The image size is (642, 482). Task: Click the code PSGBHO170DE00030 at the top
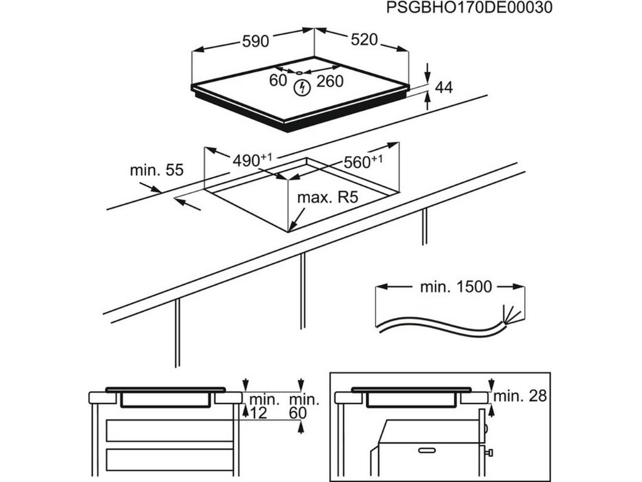(x=469, y=8)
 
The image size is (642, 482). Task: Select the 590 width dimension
(x=255, y=41)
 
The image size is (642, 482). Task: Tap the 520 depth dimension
(x=364, y=40)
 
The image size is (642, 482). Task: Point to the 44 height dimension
(x=443, y=87)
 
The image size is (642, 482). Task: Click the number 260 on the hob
(x=330, y=81)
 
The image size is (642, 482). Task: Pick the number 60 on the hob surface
(x=278, y=80)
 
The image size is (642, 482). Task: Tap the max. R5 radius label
(x=327, y=198)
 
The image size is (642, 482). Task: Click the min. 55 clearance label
(x=156, y=170)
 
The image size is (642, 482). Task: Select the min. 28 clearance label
(x=520, y=396)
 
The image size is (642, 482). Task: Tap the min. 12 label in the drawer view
(x=263, y=406)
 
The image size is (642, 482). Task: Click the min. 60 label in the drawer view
(x=304, y=406)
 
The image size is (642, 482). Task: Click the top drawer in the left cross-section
(x=169, y=431)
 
